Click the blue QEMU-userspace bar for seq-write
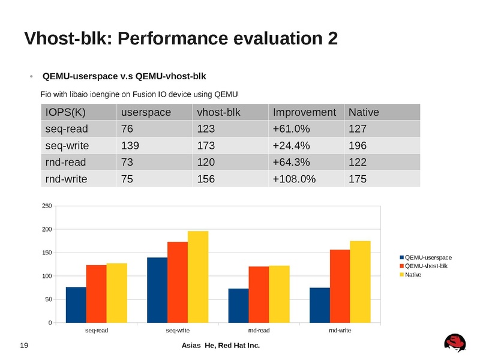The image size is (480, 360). point(157,290)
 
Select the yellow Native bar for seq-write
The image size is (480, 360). point(198,277)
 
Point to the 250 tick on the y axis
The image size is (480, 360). point(46,206)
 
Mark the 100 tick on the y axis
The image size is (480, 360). point(46,276)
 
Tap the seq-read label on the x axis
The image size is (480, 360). point(96,331)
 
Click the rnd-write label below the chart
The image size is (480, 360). point(340,331)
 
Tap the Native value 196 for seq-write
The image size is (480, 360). point(358,145)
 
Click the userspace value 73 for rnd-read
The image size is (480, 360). point(127,161)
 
